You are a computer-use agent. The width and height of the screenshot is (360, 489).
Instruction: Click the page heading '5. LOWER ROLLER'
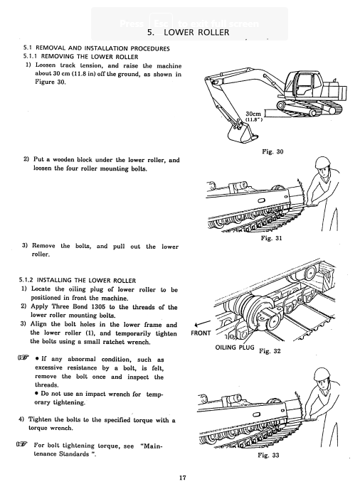click(189, 33)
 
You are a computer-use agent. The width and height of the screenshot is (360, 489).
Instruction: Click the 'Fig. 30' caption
click(272, 151)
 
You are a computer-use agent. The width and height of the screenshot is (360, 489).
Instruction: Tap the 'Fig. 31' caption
click(271, 238)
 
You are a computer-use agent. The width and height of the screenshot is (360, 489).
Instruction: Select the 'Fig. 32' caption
click(270, 351)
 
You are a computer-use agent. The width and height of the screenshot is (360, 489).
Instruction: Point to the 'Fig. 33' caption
click(268, 455)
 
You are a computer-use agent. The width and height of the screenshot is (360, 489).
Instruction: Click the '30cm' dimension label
click(253, 114)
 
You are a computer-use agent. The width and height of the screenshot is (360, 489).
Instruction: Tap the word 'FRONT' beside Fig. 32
click(201, 333)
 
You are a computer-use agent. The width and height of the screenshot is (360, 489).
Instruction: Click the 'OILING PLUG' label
click(235, 347)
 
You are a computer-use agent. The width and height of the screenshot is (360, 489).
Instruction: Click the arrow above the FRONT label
click(202, 323)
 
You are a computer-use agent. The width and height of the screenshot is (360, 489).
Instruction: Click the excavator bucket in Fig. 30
click(240, 132)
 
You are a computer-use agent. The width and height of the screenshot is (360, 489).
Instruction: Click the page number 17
click(183, 478)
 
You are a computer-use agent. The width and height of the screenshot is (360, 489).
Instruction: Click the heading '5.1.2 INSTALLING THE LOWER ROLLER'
click(78, 280)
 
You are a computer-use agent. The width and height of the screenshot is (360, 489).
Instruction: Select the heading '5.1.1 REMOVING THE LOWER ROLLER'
click(80, 57)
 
